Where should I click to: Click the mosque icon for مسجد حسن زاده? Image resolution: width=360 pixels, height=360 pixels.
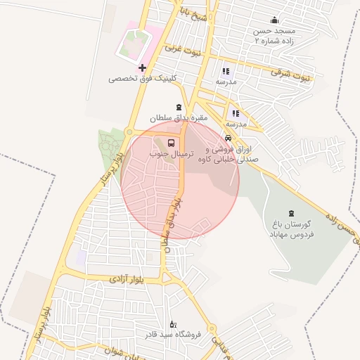point(274,20)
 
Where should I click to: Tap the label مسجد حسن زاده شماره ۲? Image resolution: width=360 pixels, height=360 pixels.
point(275,37)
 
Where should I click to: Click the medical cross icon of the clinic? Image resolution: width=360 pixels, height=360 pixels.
point(143,68)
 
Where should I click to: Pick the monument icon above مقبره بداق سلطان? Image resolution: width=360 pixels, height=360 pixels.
point(177,108)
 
